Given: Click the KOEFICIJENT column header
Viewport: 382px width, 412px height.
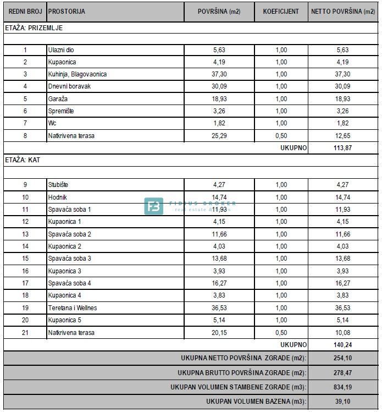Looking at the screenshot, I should click(281, 12).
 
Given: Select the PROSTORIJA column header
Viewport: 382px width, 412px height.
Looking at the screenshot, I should click(67, 12).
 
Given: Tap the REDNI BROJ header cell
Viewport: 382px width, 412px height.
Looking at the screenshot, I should click(25, 12).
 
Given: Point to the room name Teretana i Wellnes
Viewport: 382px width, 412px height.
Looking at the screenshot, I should click(73, 308).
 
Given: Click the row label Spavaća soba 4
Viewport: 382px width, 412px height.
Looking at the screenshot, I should click(70, 283).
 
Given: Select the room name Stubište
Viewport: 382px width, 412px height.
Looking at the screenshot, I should click(58, 185).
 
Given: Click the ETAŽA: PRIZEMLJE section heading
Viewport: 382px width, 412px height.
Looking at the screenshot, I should click(35, 27).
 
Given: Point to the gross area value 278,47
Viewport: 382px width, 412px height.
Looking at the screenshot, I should click(342, 373).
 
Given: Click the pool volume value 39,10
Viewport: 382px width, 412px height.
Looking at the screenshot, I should click(342, 402).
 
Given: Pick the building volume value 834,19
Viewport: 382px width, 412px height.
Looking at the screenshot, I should click(342, 387).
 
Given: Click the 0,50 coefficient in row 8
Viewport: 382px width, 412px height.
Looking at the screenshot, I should click(281, 136).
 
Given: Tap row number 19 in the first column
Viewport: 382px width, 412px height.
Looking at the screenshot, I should click(25, 308).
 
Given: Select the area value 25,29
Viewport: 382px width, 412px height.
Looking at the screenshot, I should click(219, 136).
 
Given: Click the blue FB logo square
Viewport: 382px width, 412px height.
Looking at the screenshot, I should click(154, 206).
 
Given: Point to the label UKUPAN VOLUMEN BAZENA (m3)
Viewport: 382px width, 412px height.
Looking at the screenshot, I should click(256, 402).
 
